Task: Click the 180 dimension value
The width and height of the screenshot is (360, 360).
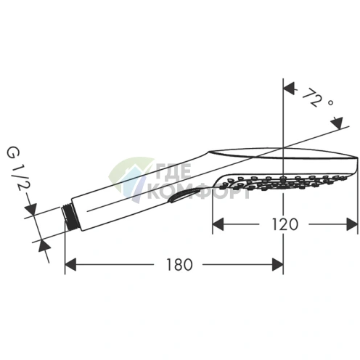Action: coord(179,264)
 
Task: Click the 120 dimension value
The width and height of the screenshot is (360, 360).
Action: coord(285,224)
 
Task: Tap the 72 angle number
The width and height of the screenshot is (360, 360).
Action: coord(311,97)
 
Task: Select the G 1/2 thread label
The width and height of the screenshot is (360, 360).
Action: coord(16,168)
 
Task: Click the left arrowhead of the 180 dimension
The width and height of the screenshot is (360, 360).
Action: coord(70,264)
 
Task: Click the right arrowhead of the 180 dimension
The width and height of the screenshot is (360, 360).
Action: coord(277,264)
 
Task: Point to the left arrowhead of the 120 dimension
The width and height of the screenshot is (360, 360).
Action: coord(218,224)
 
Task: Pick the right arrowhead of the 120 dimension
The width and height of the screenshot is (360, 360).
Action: coord(352,224)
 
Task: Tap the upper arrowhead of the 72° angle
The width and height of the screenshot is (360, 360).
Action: coord(290,88)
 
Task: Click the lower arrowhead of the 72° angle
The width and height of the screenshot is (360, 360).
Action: coord(337,123)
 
